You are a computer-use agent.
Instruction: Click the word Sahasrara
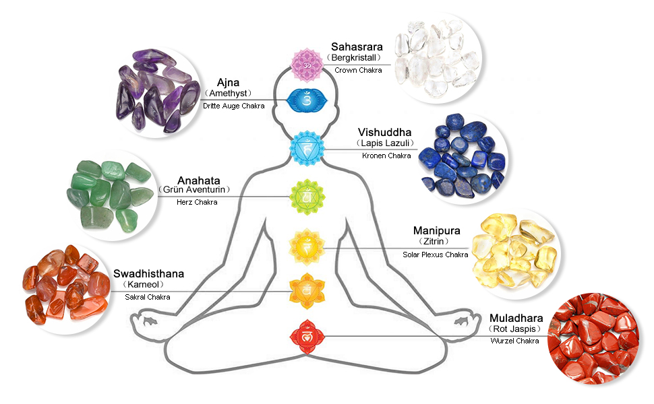point(357,47)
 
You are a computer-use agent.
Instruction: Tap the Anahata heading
point(198,180)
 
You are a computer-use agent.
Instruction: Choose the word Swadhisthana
point(148,273)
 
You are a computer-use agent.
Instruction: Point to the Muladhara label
point(514,316)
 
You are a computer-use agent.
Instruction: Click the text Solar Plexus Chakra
point(435,255)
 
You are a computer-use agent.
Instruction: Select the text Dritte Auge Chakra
point(233,106)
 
